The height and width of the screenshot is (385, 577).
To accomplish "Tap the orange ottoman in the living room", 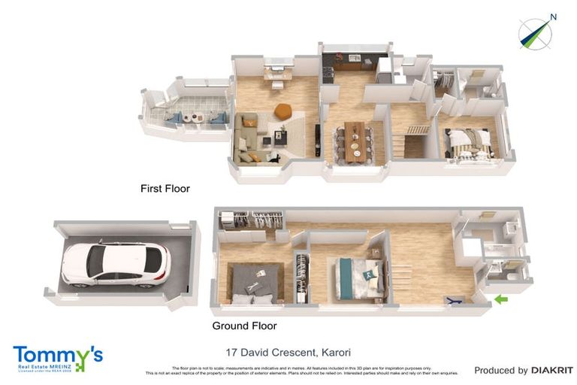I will click(x=283, y=111).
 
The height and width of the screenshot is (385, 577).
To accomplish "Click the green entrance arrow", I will click(x=500, y=300).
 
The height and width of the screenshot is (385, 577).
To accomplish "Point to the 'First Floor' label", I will click(x=165, y=189).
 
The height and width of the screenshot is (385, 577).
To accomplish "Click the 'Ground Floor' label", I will click(x=244, y=326).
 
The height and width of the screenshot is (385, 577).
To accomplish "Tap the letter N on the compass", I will click(x=553, y=17).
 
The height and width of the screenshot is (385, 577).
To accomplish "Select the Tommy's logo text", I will click(x=58, y=355).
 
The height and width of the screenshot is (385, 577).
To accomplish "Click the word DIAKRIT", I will click(x=552, y=370).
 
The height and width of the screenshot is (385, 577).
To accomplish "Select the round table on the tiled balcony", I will click(x=195, y=117).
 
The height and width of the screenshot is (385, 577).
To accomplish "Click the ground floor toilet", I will click(x=512, y=277).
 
